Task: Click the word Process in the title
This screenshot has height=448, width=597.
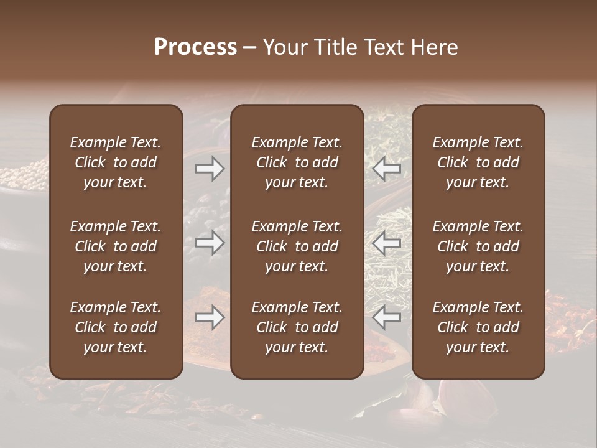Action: pyautogui.click(x=195, y=47)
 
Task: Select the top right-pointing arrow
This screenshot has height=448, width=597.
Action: pyautogui.click(x=210, y=168)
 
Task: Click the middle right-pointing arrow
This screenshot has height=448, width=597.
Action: pyautogui.click(x=210, y=243)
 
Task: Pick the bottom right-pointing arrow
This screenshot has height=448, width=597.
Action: pyautogui.click(x=210, y=317)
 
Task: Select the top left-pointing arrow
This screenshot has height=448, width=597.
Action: pyautogui.click(x=386, y=168)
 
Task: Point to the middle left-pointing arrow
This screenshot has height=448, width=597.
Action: pyautogui.click(x=386, y=243)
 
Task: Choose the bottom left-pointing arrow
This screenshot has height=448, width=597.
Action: pyautogui.click(x=386, y=317)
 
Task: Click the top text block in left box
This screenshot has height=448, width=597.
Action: pyautogui.click(x=116, y=162)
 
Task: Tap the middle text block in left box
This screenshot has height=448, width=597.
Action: pyautogui.click(x=116, y=246)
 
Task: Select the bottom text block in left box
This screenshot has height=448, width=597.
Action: pyautogui.click(x=116, y=327)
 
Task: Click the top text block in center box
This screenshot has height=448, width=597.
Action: pyautogui.click(x=297, y=162)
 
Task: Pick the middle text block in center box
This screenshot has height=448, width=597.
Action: pyautogui.click(x=297, y=246)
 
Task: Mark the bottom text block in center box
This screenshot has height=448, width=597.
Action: pyautogui.click(x=297, y=327)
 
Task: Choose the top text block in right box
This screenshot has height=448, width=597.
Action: pyautogui.click(x=478, y=162)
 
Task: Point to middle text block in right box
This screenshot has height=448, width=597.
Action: pyautogui.click(x=478, y=246)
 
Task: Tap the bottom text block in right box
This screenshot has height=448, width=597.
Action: pyautogui.click(x=478, y=327)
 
